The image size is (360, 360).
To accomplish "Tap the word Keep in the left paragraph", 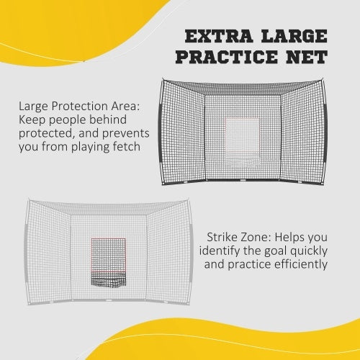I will tap(33, 120).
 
